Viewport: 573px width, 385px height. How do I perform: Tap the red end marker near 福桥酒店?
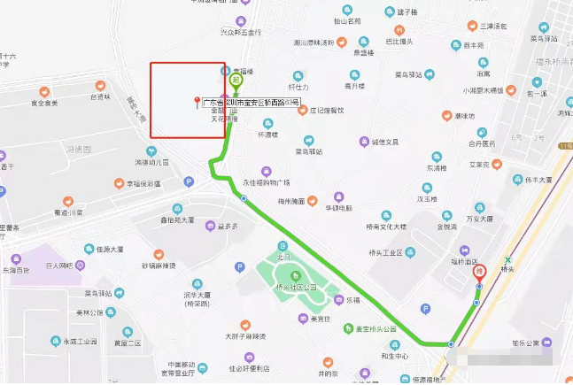coord(479,272)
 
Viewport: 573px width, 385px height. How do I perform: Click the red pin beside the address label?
coord(197,103)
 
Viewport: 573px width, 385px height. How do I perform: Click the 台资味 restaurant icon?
coord(81,97)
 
